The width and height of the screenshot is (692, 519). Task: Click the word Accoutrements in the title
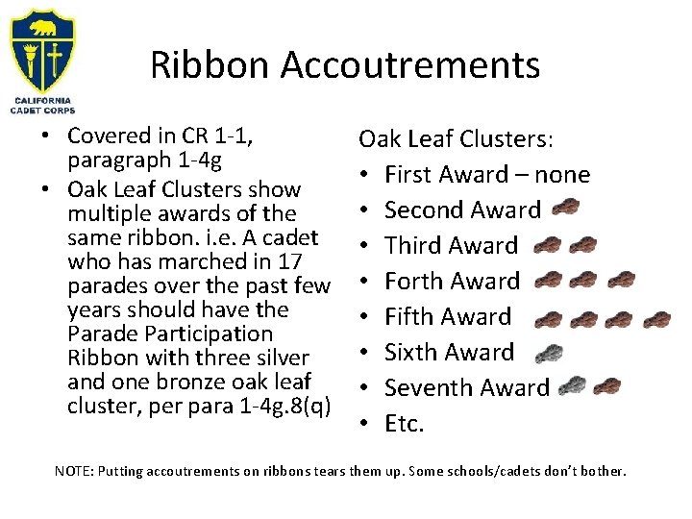(x=411, y=65)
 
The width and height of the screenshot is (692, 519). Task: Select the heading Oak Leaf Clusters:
(x=456, y=139)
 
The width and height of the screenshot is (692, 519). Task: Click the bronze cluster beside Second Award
(x=566, y=209)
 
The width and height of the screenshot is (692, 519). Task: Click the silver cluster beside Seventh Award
(x=572, y=386)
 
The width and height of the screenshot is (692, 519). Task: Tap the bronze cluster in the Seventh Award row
(x=607, y=387)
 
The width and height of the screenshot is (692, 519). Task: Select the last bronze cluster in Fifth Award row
(x=657, y=317)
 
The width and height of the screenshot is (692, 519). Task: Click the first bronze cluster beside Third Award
(x=547, y=245)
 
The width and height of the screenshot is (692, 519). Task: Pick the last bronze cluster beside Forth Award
(x=621, y=281)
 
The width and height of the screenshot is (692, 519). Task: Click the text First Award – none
(x=486, y=175)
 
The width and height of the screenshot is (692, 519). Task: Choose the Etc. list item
(x=404, y=424)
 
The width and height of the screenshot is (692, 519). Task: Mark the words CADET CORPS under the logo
(x=42, y=110)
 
